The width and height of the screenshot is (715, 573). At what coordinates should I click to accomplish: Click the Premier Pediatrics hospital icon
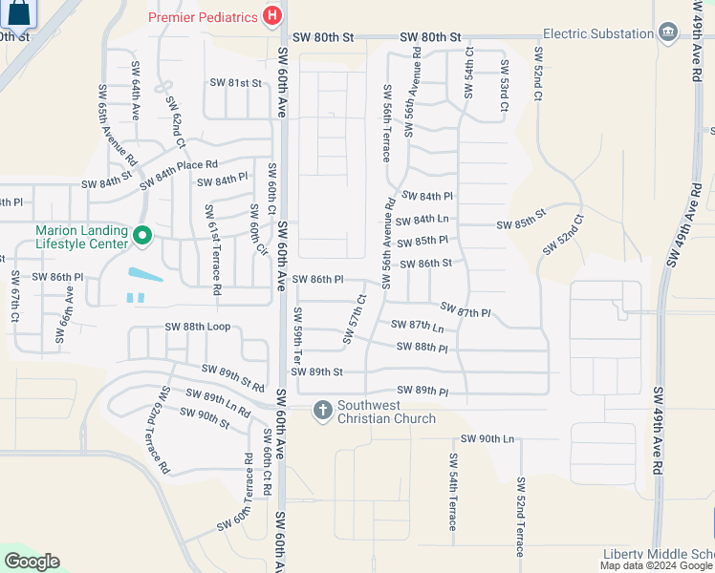(x=272, y=16)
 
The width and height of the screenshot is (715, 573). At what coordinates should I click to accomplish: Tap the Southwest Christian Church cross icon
(x=323, y=410)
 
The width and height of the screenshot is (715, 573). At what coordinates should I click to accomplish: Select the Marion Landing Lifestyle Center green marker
(x=142, y=234)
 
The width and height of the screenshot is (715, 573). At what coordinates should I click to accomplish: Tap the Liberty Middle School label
(x=659, y=555)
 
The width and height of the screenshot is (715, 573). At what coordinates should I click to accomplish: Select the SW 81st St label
(x=235, y=83)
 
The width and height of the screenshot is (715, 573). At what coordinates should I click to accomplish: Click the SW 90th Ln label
(x=487, y=438)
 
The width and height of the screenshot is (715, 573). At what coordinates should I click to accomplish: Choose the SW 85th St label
(x=520, y=224)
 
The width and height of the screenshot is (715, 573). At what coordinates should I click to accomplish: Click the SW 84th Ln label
(x=425, y=219)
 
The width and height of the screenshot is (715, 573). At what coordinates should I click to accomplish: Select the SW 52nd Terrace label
(x=520, y=517)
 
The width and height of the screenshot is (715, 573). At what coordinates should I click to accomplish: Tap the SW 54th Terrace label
(x=452, y=492)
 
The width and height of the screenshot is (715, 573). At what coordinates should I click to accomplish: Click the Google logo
(x=32, y=562)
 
